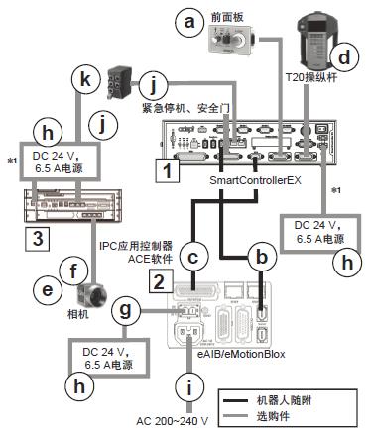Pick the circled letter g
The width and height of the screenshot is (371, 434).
(x=124, y=309)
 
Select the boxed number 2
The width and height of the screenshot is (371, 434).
(x=156, y=279)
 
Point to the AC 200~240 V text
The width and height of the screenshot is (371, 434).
(x=185, y=420)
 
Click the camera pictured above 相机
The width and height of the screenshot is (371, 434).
(x=90, y=295)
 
